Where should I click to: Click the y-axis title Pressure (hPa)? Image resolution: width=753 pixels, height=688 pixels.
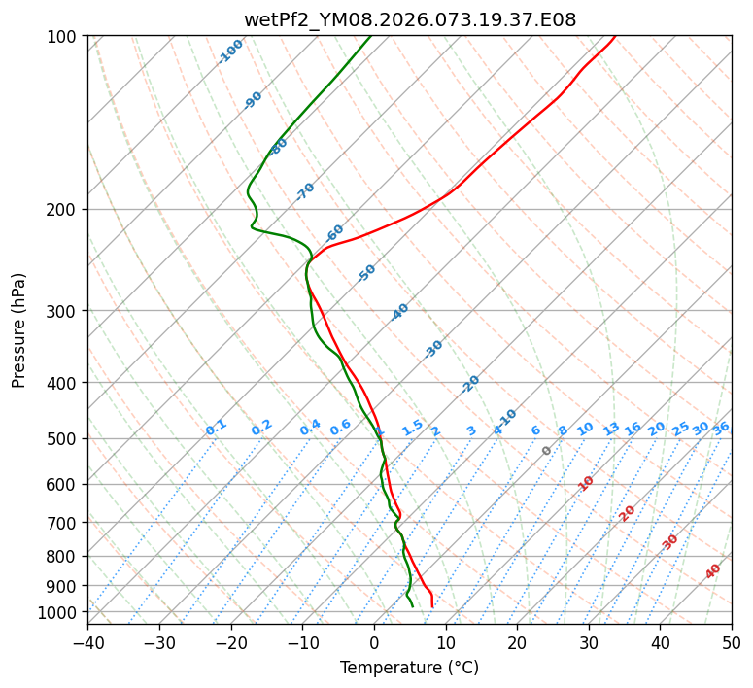tap(18, 330)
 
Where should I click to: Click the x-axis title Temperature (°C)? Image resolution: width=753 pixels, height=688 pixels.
tap(409, 668)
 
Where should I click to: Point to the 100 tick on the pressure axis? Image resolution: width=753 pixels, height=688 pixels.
tap(64, 37)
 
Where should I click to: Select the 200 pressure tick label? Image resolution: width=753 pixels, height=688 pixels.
tap(64, 210)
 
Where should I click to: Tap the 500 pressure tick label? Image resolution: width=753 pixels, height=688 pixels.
tap(64, 439)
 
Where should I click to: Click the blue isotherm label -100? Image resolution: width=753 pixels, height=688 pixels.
tap(230, 52)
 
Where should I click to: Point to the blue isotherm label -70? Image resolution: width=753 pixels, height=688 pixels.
tap(305, 191)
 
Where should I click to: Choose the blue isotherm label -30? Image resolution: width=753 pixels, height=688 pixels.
tap(433, 349)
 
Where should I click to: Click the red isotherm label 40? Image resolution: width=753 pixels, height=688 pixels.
tap(713, 571)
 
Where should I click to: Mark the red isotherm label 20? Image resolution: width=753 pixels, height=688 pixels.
tap(628, 512)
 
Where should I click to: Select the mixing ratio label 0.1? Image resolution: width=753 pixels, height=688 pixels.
tap(216, 428)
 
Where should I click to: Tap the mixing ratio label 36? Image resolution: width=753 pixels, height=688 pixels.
tap(721, 428)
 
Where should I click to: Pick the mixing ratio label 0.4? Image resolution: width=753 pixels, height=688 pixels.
tap(310, 428)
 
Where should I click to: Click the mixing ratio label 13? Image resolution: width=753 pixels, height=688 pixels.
tap(611, 429)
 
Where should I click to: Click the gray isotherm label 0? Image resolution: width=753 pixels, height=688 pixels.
tap(547, 451)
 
